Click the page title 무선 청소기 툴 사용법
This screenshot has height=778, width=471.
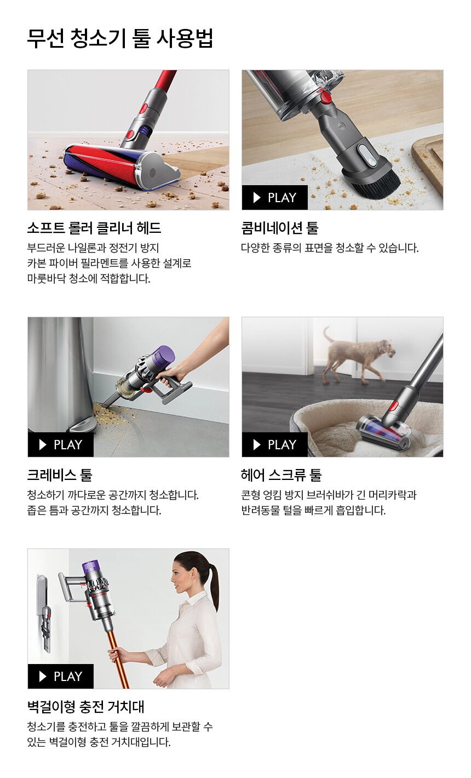point(120,38)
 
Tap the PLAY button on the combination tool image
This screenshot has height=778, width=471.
point(274,198)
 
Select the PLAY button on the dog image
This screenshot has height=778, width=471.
point(274,445)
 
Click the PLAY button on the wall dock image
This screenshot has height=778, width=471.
point(60,677)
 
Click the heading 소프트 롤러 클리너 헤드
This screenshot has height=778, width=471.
point(94,228)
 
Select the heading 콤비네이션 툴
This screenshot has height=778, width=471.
point(279,228)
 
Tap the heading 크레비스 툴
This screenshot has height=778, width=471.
point(60,475)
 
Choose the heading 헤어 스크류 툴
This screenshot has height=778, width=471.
point(281,475)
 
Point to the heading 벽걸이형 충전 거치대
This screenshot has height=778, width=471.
point(85,707)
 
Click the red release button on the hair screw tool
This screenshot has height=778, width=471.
point(393,407)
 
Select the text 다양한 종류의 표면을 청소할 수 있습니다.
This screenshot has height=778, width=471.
point(330,248)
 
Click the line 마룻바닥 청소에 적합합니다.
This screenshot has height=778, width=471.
point(88,279)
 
